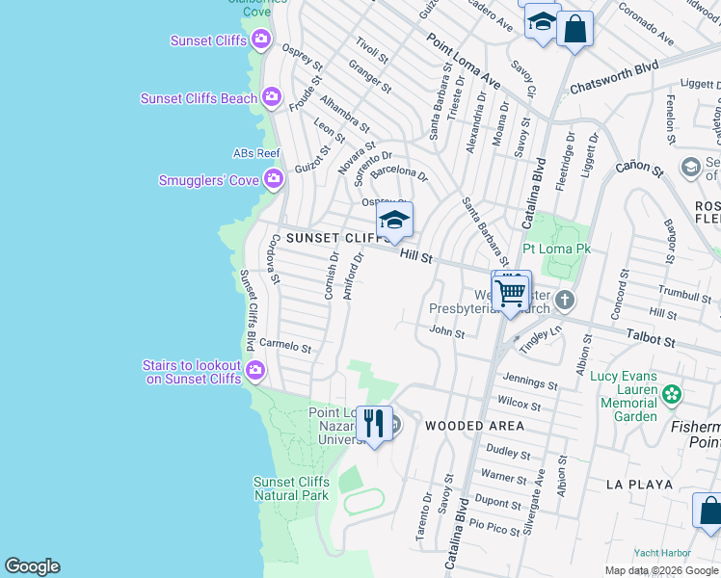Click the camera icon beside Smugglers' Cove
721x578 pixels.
tap(274, 179)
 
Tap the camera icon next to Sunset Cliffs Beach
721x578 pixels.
tap(272, 97)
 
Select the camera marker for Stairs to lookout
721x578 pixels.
tap(255, 370)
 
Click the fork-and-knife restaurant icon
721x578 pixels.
tap(373, 422)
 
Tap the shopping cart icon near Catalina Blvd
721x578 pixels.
tap(511, 290)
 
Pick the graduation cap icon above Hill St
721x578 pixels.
tap(394, 221)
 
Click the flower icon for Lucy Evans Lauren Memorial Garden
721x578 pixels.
tap(671, 393)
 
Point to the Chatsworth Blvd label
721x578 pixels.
tap(613, 76)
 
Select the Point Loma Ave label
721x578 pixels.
tap(464, 64)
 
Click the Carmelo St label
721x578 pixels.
tap(285, 346)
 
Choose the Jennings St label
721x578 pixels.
tap(529, 383)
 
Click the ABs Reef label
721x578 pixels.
tap(256, 153)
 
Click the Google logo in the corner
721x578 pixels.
tap(32, 566)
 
